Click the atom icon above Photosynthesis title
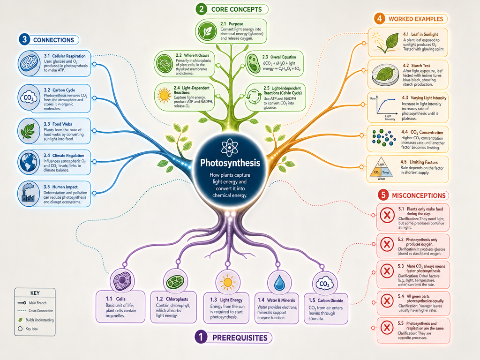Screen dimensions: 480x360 pyautogui.click(x=229, y=148)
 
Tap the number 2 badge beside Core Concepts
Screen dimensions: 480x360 pyautogui.click(x=201, y=9)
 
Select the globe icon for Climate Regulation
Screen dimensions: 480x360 pyautogui.click(x=28, y=163)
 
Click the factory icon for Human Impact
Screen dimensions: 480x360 pyautogui.click(x=28, y=194)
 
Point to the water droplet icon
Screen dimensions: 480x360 pyautogui.click(x=279, y=283)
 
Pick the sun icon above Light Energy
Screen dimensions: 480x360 pyautogui.click(x=227, y=282)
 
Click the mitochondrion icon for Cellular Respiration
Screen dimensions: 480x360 pyautogui.click(x=29, y=64)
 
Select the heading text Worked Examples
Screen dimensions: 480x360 pyautogui.click(x=416, y=19)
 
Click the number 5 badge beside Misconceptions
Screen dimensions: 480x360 pyautogui.click(x=383, y=195)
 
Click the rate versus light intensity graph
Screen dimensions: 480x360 pyautogui.click(x=382, y=108)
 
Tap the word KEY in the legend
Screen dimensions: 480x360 pyautogui.click(x=35, y=293)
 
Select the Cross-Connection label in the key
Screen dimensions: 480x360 pyautogui.click(x=41, y=311)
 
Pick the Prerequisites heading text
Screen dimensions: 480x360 pyautogui.click(x=240, y=337)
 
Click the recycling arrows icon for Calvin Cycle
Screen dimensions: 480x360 pyautogui.click(x=254, y=97)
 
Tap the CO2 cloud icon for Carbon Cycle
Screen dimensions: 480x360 pyautogui.click(x=29, y=98)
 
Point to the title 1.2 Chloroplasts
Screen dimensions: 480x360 pyautogui.click(x=172, y=299)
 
